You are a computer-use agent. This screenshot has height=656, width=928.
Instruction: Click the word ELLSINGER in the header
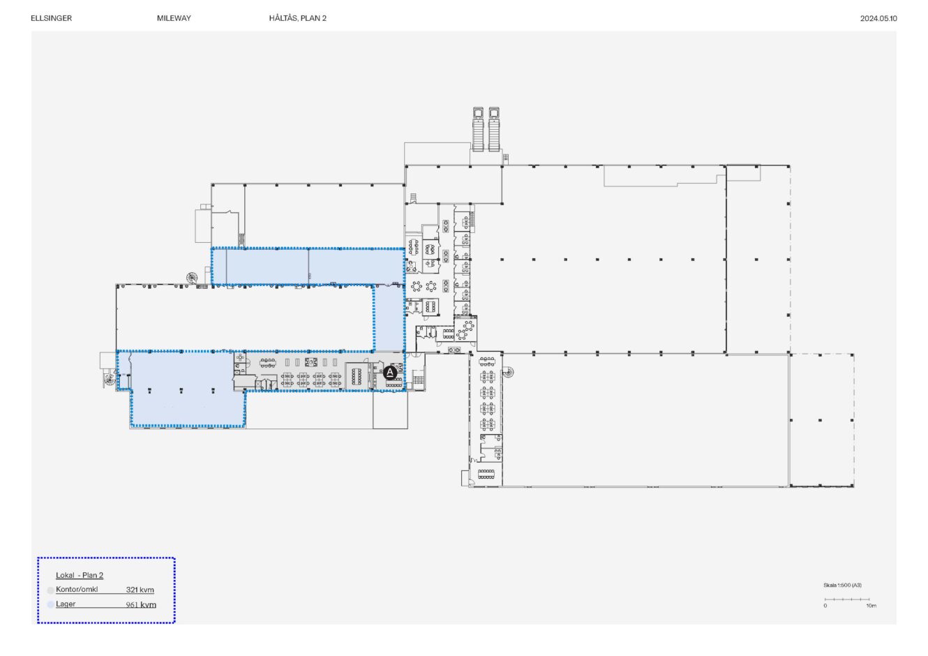tap(52, 18)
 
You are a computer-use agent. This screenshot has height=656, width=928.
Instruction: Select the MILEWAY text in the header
tap(174, 18)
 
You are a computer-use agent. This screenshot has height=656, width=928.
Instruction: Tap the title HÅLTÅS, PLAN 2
tap(297, 18)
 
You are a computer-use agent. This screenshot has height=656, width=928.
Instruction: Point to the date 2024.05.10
tap(878, 19)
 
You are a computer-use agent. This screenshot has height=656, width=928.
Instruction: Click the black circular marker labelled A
tap(389, 373)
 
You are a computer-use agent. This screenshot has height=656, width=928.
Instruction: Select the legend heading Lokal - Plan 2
tap(80, 575)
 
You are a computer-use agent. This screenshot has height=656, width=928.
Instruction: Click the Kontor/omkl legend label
tap(77, 589)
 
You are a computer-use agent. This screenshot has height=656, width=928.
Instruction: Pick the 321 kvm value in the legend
tap(140, 590)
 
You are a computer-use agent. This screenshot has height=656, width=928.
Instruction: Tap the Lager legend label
tap(66, 604)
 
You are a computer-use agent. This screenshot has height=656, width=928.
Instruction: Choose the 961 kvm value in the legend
tap(141, 604)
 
